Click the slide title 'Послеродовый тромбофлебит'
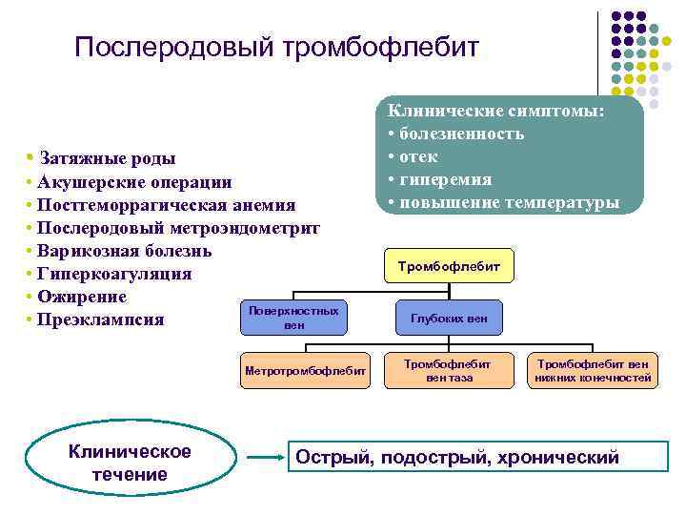click(276, 47)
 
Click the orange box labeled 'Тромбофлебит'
click(448, 267)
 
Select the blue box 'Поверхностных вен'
click(293, 319)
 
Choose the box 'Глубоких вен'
click(448, 319)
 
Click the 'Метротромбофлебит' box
click(306, 371)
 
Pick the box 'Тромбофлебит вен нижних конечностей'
click(593, 371)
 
